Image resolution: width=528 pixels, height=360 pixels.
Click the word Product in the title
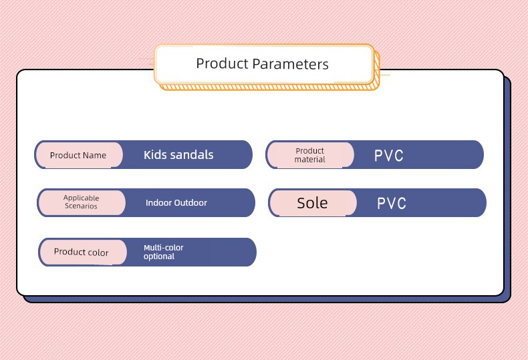pos(222,63)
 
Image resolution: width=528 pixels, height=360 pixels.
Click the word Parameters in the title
pos(290,64)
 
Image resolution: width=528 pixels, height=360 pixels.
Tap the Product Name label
pos(78,155)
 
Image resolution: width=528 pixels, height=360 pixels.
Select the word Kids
pos(156,155)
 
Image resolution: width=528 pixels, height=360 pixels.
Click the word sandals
pos(192,155)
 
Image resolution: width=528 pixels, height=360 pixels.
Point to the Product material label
pos(310,155)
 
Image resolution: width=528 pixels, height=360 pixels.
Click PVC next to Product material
pos(388,156)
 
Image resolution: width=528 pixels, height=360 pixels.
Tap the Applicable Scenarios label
pos(81,202)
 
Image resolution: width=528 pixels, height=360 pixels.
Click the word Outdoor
pos(190,202)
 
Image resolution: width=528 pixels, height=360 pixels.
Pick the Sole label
pos(312,203)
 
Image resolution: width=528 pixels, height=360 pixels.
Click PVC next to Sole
pos(391,203)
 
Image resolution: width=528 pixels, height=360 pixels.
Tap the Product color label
pos(81,252)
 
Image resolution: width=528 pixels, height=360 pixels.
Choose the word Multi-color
pos(164,248)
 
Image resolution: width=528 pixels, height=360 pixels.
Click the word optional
pos(159,256)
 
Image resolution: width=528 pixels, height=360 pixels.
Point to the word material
pos(310,160)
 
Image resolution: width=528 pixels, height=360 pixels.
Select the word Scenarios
pos(81,206)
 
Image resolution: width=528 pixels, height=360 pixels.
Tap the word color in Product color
pos(98,252)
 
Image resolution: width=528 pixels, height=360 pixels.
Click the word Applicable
pos(81,198)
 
